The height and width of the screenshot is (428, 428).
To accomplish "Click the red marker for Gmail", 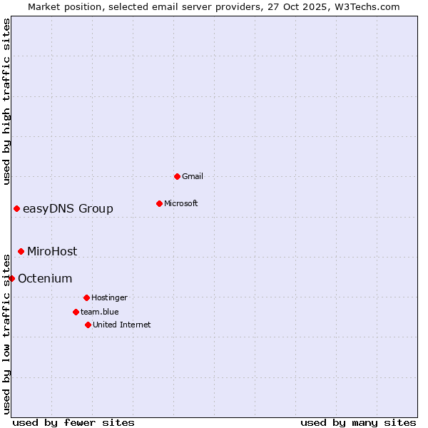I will pos(177,176).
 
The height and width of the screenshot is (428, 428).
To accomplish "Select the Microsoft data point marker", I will pos(159,203).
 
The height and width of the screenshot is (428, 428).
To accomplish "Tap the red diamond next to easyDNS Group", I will pos(16,208).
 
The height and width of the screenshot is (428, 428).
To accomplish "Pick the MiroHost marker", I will pos(21,251).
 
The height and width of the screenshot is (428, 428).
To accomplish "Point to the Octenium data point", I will pos(11,278).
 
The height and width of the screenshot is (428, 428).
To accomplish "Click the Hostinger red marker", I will pos(86,297).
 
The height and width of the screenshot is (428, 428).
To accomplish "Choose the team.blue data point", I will pos(76,312).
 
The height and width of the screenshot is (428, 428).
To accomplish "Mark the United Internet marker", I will pos(88,325).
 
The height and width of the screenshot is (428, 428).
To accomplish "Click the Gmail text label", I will pos(193,176).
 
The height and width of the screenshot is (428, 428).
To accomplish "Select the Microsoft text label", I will pos(181,203).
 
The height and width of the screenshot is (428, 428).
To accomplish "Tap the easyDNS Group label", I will pos(68,208).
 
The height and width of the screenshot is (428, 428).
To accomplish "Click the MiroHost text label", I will pos(52,251).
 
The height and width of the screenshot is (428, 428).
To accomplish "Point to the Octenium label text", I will pos(45,278).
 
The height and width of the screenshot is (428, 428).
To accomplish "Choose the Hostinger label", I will pos(109,297).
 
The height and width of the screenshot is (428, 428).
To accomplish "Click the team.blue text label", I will pos(100,312).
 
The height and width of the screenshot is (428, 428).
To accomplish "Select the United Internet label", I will pos(122,325).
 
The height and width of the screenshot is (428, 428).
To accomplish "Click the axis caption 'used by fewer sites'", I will pos(73,422).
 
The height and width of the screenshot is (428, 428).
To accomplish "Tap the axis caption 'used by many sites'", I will pos(358,422).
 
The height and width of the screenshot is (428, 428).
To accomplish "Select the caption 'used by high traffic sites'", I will pos(6,101).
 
